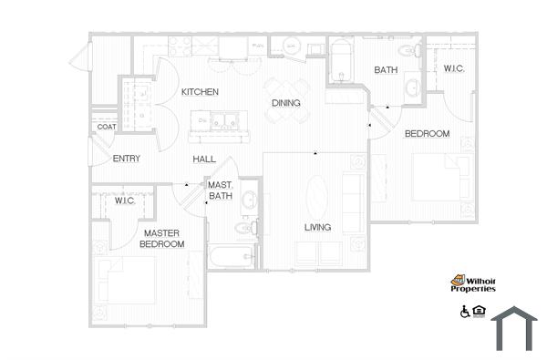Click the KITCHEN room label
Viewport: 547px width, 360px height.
point(199,92)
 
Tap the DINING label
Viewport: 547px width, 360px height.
point(286,103)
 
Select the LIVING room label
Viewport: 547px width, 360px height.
point(318,227)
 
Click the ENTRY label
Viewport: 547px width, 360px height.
point(126,159)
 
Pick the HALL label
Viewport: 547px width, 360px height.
point(203,159)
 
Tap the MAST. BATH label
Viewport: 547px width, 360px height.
point(221,190)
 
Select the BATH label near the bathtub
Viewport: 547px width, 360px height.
point(385,69)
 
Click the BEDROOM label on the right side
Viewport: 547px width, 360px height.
point(427,134)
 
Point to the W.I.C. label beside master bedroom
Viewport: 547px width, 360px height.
point(126,201)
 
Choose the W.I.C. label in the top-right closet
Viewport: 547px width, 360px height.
point(455,69)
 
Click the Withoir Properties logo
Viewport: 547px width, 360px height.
point(473,284)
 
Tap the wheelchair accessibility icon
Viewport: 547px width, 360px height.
point(465,312)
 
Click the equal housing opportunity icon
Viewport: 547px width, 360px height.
point(480,312)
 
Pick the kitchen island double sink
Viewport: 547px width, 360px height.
point(219,121)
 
